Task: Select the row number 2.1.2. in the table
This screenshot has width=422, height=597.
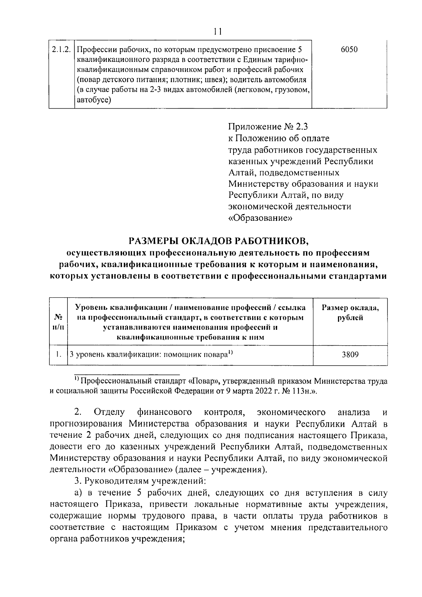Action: [x=61, y=50]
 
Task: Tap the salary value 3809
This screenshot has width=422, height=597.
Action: [x=350, y=355]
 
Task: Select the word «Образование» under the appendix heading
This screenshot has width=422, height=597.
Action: [x=261, y=218]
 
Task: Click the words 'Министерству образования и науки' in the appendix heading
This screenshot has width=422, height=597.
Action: [x=303, y=184]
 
